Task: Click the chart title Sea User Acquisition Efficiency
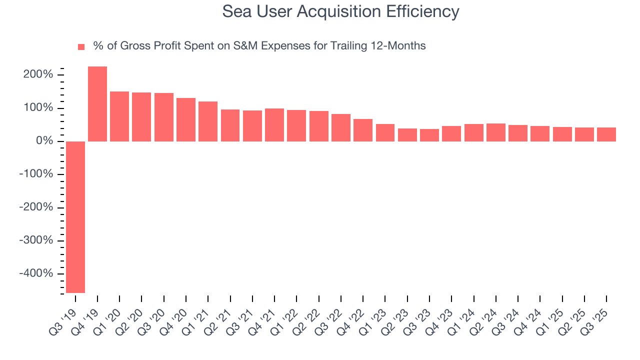pyautogui.click(x=340, y=11)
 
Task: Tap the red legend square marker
pyautogui.click(x=81, y=47)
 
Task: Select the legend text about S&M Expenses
pyautogui.click(x=259, y=46)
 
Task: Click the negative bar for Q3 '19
pyautogui.click(x=75, y=217)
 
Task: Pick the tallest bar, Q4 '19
pyautogui.click(x=97, y=104)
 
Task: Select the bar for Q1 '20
pyautogui.click(x=119, y=116)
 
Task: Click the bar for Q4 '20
pyautogui.click(x=186, y=120)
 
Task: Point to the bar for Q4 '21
pyautogui.click(x=274, y=125)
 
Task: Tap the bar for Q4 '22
pyautogui.click(x=363, y=130)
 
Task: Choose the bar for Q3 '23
pyautogui.click(x=429, y=135)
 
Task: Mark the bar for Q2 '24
pyautogui.click(x=495, y=132)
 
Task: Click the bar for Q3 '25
pyautogui.click(x=606, y=134)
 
